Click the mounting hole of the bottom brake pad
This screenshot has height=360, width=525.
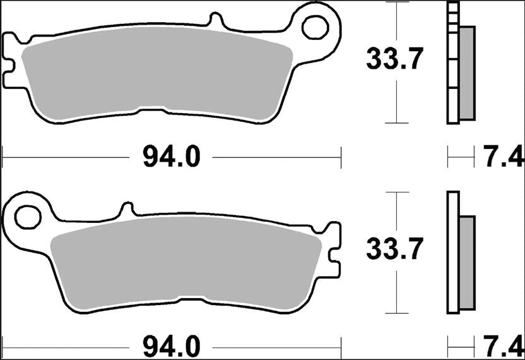(x=27, y=218)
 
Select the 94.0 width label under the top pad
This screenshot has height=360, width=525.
(x=171, y=156)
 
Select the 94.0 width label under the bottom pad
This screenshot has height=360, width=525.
(x=171, y=346)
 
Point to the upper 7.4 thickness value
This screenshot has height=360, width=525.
(x=502, y=156)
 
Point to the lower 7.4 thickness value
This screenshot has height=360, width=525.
(x=502, y=346)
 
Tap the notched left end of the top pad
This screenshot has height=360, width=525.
(x=9, y=60)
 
